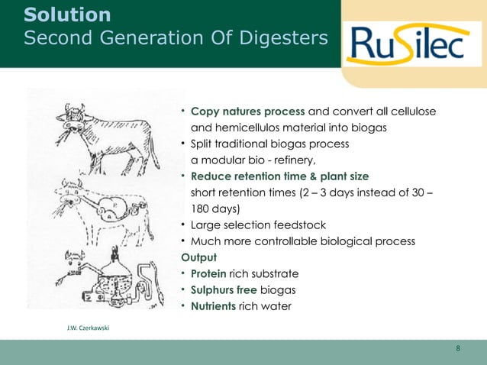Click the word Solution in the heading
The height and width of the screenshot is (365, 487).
tap(67, 15)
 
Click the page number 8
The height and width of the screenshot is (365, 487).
tap(458, 349)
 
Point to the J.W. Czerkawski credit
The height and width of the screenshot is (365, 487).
tap(89, 327)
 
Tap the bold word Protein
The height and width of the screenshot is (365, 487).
tap(213, 273)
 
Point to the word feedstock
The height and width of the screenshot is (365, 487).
tap(305, 225)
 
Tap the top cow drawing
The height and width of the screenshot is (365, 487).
tap(107, 137)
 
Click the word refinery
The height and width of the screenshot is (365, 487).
tap(289, 160)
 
